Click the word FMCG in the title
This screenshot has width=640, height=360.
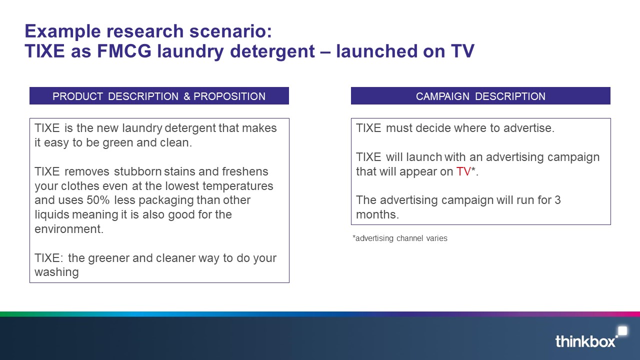pyautogui.click(x=124, y=51)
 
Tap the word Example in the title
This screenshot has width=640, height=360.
pyautogui.click(x=62, y=31)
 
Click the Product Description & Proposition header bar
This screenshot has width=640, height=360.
pyautogui.click(x=159, y=95)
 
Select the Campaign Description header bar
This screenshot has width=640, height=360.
pyautogui.click(x=480, y=95)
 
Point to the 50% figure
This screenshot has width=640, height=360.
pyautogui.click(x=98, y=200)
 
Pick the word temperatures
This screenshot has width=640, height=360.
pyautogui.click(x=238, y=186)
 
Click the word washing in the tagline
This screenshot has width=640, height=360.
pyautogui.click(x=56, y=272)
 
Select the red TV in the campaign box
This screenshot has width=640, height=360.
pyautogui.click(x=463, y=171)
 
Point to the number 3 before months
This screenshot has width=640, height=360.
pyautogui.click(x=557, y=200)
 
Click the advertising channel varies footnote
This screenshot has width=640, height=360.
pyautogui.click(x=399, y=238)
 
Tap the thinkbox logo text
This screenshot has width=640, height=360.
pyautogui.click(x=585, y=341)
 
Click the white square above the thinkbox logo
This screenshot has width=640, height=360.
pyautogui.click(x=622, y=331)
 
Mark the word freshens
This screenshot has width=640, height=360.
pyautogui.click(x=245, y=171)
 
